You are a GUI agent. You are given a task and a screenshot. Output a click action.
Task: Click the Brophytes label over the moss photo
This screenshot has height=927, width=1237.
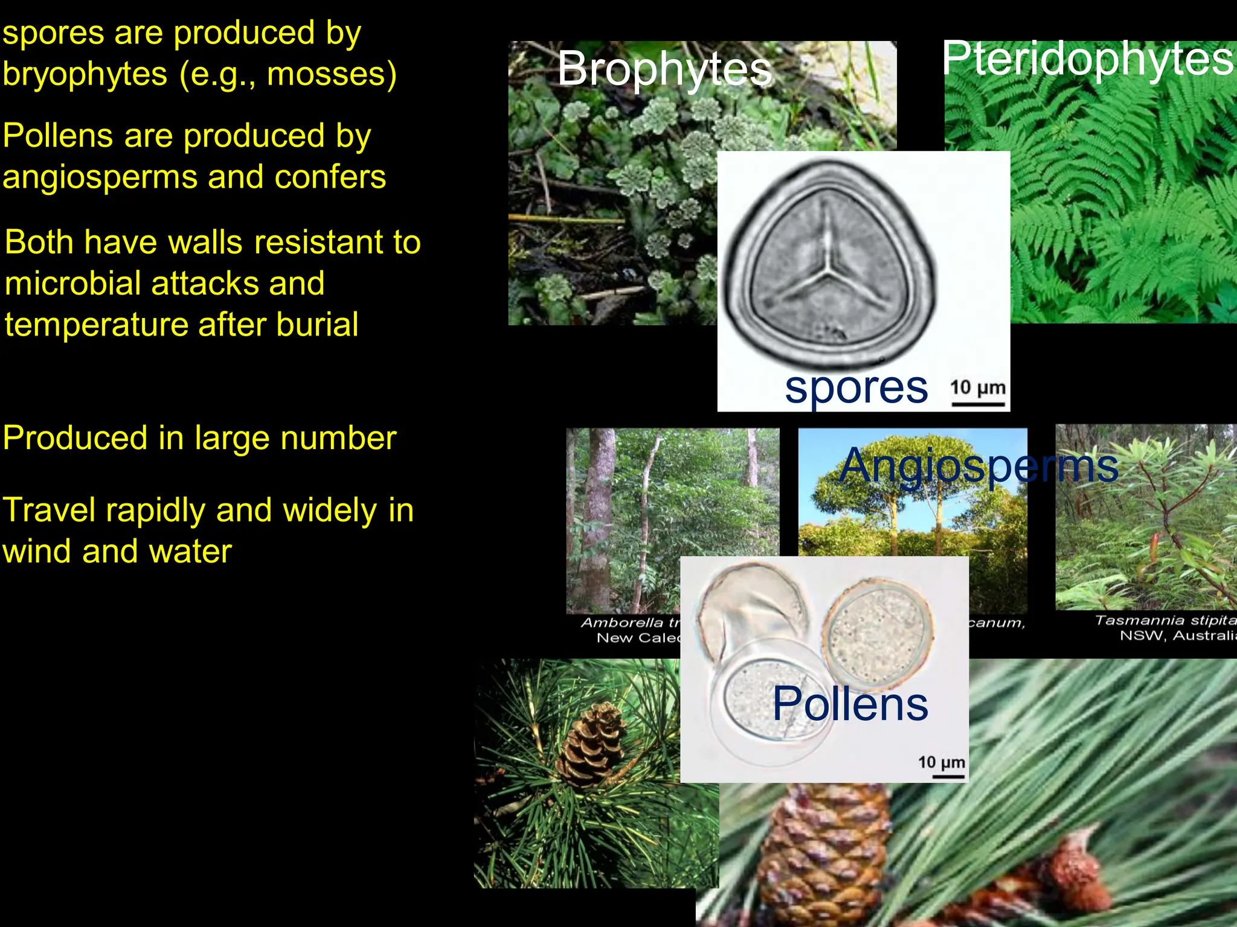pos(664,69)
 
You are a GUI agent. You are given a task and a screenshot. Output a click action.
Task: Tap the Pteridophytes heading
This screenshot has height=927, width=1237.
pos(1087,59)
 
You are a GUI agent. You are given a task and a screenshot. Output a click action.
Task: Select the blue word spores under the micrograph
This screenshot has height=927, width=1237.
pos(856,388)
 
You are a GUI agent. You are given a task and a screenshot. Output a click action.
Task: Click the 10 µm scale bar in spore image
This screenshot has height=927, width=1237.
pos(978,403)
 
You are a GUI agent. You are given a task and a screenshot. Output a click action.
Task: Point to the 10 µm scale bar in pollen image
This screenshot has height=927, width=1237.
pos(948,776)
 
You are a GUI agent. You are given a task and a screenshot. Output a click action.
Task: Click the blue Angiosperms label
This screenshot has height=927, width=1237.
pos(978,465)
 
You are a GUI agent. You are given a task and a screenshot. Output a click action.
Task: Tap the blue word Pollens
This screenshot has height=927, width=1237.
pos(850,704)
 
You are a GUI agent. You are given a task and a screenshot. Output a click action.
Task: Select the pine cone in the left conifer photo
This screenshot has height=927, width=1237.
pos(590,745)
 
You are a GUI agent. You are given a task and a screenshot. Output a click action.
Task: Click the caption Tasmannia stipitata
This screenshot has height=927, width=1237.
pos(1166,621)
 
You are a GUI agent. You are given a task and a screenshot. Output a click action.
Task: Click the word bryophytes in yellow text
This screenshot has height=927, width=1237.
pos(85,74)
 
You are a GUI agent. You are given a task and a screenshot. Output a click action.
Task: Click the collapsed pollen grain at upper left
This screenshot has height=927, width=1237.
pos(752,604)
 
